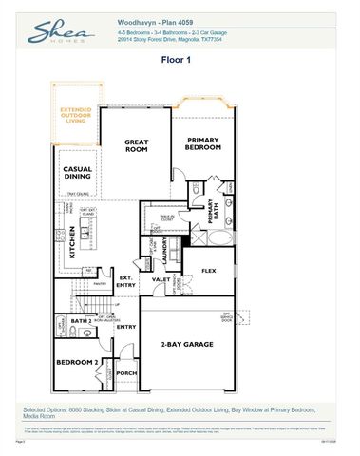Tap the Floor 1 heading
(179, 59)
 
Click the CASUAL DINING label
(78, 173)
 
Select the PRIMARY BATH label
(213, 210)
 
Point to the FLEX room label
(209, 271)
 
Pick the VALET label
(161, 279)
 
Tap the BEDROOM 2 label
(76, 363)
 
